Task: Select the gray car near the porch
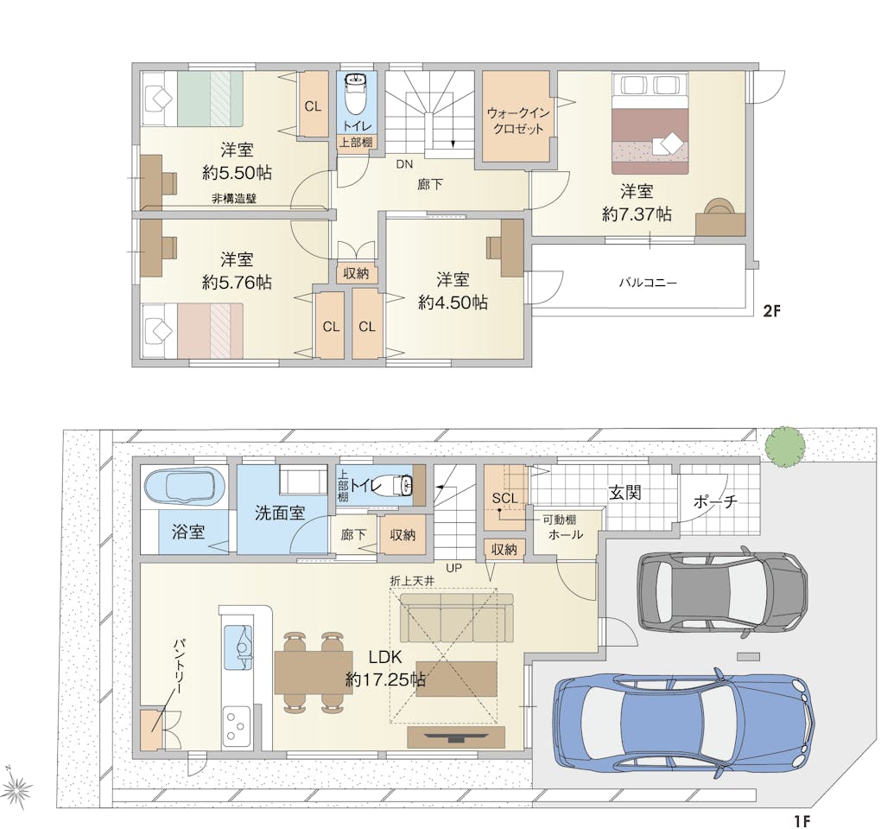(x=723, y=590)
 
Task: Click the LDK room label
(x=385, y=656)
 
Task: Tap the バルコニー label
(x=648, y=283)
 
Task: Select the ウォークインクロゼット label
(x=517, y=120)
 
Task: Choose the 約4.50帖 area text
(x=453, y=303)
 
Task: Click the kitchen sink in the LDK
(x=238, y=648)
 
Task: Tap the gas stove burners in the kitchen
(x=237, y=725)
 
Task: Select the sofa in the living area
(x=456, y=617)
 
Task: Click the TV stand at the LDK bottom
(x=456, y=737)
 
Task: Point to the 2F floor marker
(x=772, y=311)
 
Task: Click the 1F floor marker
(x=802, y=821)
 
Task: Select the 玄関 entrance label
(x=624, y=494)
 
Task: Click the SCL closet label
(x=504, y=498)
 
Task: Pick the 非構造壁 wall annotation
(x=234, y=199)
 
